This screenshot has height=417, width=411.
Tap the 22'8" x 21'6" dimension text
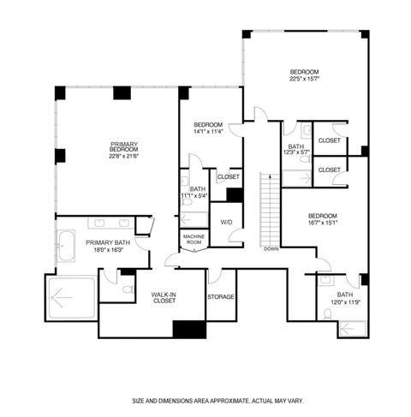pos(124,156)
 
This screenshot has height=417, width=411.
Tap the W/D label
pos(226,222)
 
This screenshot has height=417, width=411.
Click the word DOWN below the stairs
pos(271,249)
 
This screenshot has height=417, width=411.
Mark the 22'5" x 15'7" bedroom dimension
pos(304,79)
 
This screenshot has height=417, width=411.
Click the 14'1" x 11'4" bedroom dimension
pos(209,132)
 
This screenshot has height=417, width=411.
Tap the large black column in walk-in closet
pos(188,329)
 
